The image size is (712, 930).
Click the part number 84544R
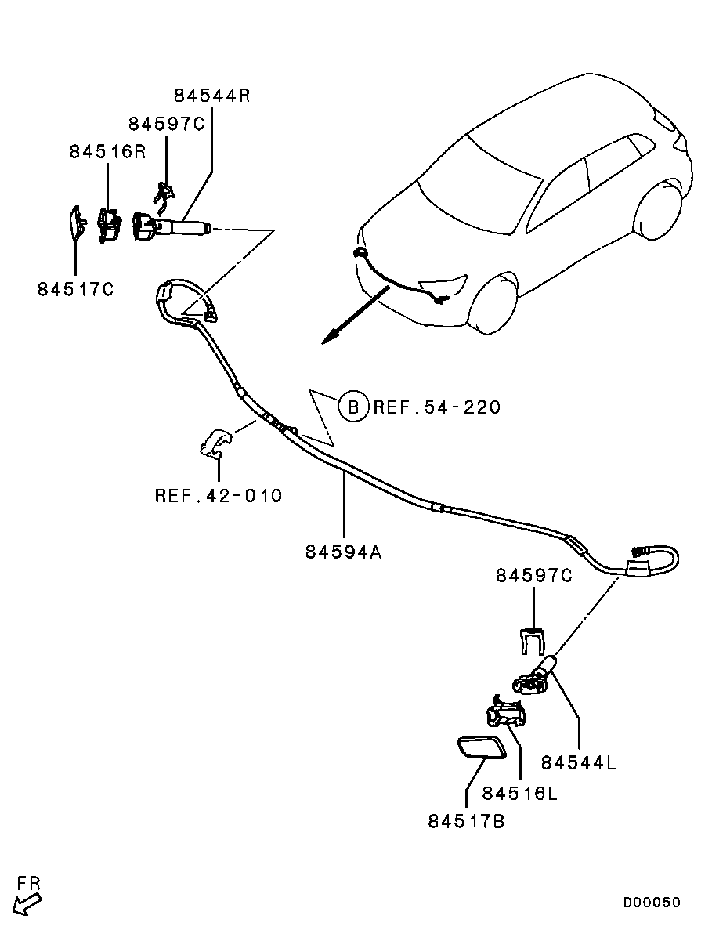211,96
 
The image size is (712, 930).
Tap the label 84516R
107,152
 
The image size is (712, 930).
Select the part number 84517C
75,289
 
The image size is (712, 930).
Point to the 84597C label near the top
166,124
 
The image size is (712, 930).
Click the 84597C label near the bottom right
533,575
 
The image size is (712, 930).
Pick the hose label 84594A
343,552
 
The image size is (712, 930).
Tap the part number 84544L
579,762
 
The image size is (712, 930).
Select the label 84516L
519,793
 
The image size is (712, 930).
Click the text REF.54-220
436,407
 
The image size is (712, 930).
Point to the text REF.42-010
219,496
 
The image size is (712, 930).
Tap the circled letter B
353,407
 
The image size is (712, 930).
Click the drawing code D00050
652,903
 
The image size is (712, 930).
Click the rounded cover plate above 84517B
480,747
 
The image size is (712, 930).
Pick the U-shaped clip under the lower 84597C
533,641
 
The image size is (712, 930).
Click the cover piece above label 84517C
76,223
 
